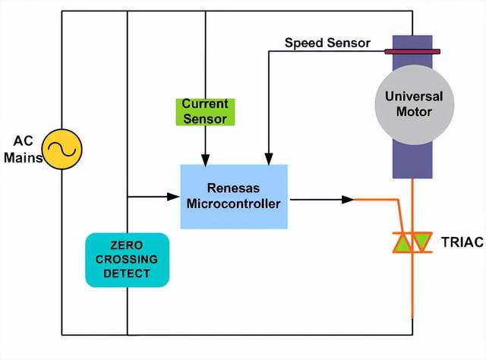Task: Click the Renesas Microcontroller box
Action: [234, 196]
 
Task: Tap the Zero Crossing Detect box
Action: [128, 260]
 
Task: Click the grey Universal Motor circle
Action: [413, 105]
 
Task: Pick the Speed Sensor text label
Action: [327, 43]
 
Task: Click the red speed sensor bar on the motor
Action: [412, 52]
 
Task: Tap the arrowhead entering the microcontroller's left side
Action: [174, 197]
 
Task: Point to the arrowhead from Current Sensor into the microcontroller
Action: [205, 159]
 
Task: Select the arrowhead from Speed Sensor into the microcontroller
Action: [267, 159]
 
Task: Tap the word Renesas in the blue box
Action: [234, 188]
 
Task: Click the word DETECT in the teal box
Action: [128, 273]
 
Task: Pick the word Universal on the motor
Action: [413, 97]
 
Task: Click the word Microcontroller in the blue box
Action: [234, 204]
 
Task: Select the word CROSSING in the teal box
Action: [128, 260]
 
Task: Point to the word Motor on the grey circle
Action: [413, 112]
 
